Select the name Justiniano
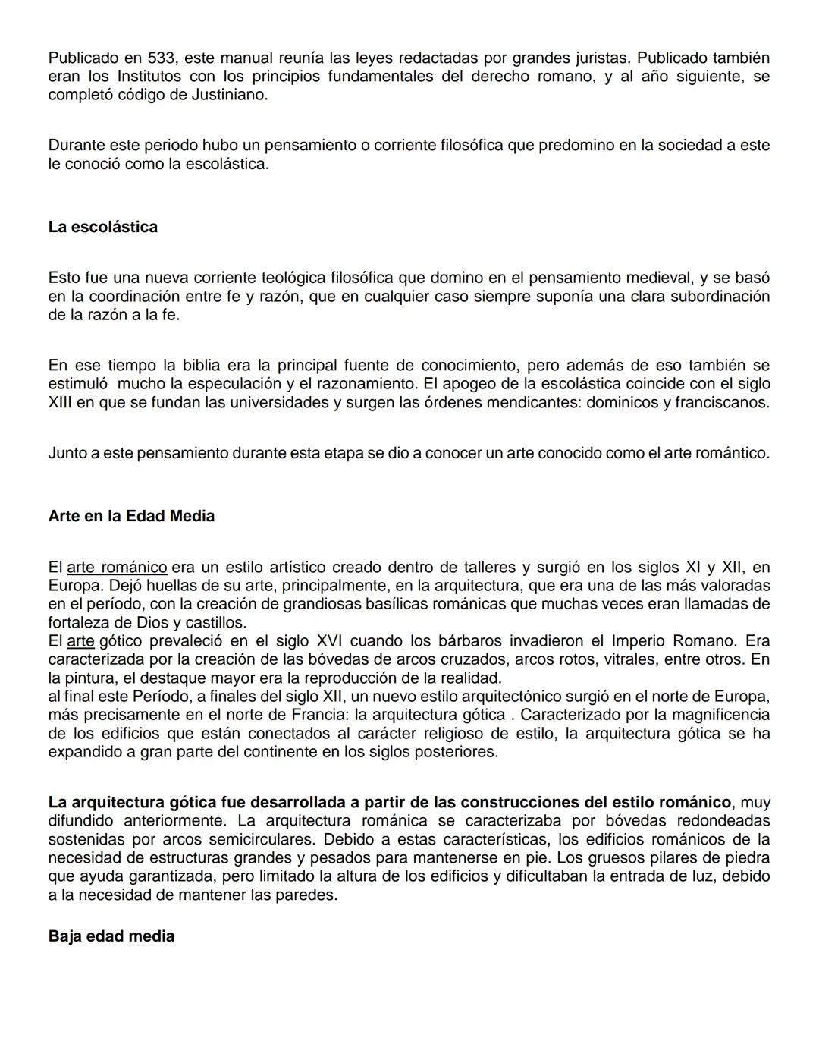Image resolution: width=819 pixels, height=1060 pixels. click(230, 96)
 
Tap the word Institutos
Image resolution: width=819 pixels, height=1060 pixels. click(149, 77)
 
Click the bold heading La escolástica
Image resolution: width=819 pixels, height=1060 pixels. click(102, 228)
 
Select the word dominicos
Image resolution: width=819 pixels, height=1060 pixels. click(622, 403)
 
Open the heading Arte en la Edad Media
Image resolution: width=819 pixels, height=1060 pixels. click(131, 517)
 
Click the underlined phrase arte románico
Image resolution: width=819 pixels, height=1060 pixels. click(117, 568)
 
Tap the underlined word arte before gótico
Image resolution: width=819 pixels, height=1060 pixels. click(80, 641)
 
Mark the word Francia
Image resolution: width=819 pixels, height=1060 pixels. click(319, 715)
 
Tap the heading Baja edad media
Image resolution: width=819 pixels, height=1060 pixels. click(111, 936)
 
